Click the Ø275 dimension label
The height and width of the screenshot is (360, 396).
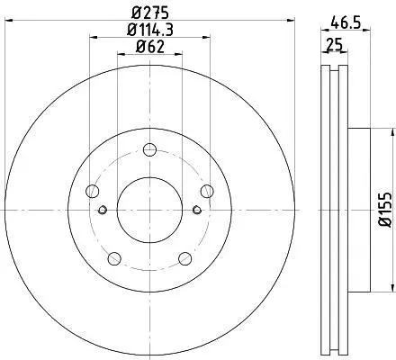(x=150, y=13)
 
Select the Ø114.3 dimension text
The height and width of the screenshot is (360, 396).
(x=150, y=30)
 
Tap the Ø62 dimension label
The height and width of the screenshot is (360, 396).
(x=150, y=47)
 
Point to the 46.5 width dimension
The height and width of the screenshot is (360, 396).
(x=346, y=22)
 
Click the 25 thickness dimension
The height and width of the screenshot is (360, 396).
(x=334, y=45)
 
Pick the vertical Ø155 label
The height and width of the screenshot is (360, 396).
(x=385, y=210)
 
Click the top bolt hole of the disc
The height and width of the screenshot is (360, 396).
(x=149, y=149)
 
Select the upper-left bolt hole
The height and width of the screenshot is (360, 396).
(x=93, y=191)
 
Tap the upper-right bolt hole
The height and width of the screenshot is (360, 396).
(x=207, y=191)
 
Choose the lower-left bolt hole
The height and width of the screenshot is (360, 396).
(x=114, y=258)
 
